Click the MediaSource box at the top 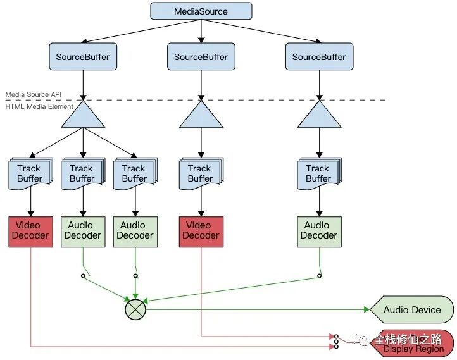(201, 11)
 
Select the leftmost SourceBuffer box (83, 57)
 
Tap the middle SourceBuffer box (201, 57)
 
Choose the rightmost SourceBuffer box (318, 57)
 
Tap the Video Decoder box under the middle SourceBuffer (201, 231)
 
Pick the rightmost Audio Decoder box (319, 231)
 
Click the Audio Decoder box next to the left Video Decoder (83, 231)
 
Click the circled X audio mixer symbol (135, 310)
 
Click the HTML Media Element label (39, 106)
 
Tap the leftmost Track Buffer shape (30, 173)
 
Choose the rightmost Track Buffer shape (318, 173)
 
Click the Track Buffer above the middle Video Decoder (201, 173)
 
